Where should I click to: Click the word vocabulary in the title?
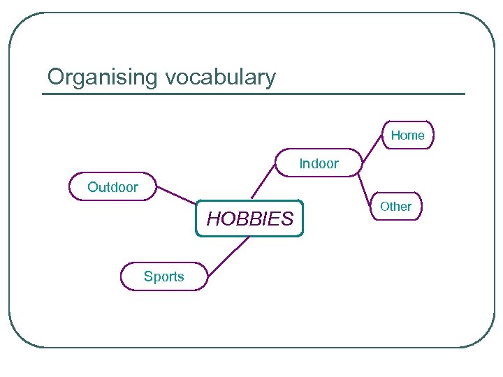(x=221, y=77)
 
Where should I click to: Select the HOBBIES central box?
(x=249, y=219)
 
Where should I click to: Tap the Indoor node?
(x=319, y=163)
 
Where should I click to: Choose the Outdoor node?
(x=112, y=187)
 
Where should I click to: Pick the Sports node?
(x=163, y=276)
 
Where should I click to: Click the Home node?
(x=407, y=135)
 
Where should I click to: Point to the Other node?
(x=395, y=207)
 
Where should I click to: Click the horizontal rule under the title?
(x=253, y=94)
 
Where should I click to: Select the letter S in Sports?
(x=147, y=276)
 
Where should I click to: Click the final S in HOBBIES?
(x=287, y=219)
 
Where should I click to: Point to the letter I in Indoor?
(x=301, y=163)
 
